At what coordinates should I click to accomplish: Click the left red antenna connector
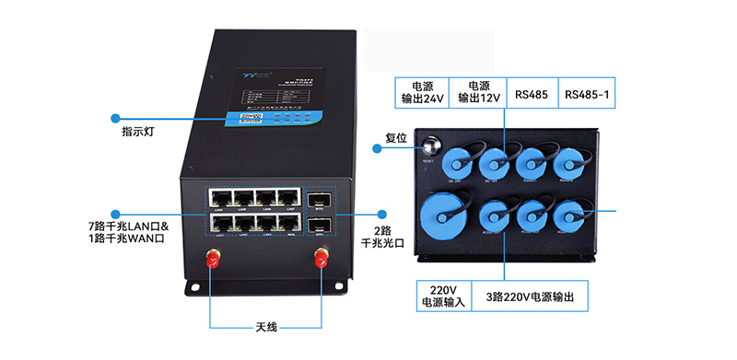(x=212, y=262)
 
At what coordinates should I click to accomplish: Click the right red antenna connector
(x=320, y=262)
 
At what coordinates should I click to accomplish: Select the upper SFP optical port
(x=319, y=199)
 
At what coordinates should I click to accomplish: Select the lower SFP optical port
(x=319, y=224)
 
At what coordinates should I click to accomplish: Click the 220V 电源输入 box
(x=439, y=295)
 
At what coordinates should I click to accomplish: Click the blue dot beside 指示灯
(x=116, y=118)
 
